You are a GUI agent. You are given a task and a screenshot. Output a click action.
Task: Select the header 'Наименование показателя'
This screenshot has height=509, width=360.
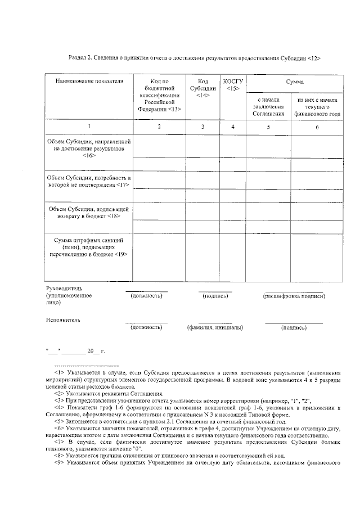click(89, 82)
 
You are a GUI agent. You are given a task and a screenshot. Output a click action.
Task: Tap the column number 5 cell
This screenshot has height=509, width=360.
click(268, 127)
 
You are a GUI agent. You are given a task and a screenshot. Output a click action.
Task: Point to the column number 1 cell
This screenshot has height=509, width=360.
click(89, 127)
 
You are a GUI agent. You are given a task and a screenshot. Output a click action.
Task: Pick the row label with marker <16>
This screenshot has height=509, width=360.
click(89, 149)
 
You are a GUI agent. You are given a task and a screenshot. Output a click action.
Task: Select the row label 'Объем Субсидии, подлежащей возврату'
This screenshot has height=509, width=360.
click(89, 212)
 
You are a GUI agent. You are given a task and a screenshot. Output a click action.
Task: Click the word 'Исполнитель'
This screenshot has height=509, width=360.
click(62, 320)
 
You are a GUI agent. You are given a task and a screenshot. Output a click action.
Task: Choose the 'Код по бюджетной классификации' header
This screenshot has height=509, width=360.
click(160, 95)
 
